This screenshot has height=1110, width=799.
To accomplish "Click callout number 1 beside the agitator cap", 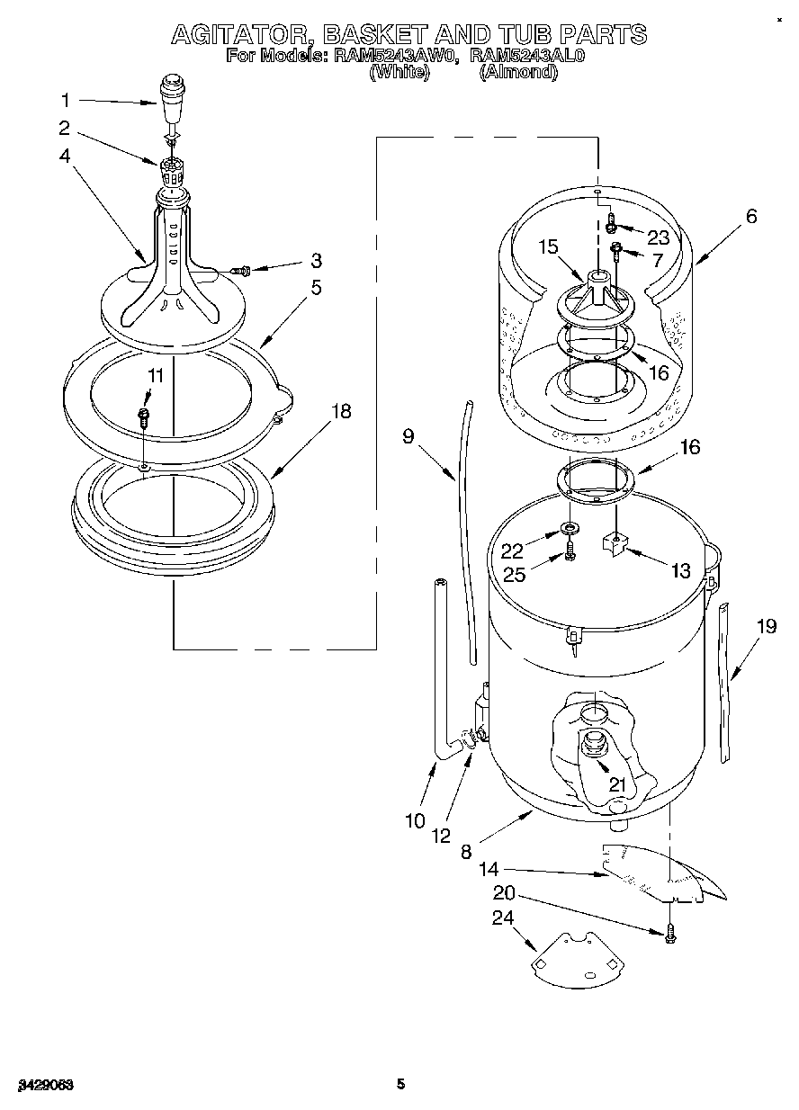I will [64, 100].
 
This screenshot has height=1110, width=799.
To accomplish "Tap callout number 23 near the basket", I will [659, 237].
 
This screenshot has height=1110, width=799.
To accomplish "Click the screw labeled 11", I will [143, 416].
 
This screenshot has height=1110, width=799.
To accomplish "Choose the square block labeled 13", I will [615, 543].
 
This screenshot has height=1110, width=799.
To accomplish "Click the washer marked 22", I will [571, 525].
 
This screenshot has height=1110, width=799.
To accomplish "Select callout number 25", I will [514, 574].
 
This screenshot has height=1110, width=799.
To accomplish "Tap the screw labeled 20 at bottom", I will [669, 936].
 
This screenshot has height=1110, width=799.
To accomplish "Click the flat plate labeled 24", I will [573, 957].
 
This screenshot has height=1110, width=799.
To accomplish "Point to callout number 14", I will [489, 870].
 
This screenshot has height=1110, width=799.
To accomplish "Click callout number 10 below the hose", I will [414, 820].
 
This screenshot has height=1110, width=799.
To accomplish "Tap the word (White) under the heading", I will [398, 73].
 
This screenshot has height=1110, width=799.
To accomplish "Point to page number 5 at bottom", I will [400, 1084].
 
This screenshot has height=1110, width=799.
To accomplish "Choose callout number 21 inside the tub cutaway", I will [616, 783].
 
